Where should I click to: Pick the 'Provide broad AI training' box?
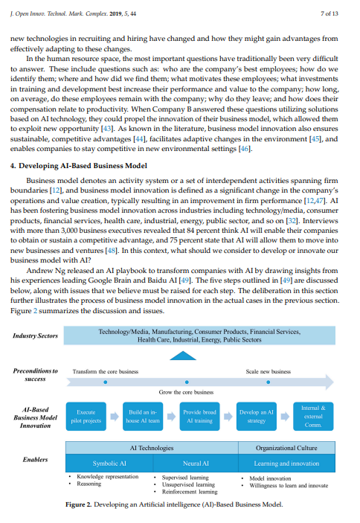(x=199, y=416)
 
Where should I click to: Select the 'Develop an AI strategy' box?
(x=256, y=416)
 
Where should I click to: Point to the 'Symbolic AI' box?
(x=109, y=463)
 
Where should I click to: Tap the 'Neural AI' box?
(x=194, y=463)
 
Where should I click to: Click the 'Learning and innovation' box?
(x=286, y=463)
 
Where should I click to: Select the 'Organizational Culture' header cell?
(x=286, y=448)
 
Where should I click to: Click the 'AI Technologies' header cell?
(x=151, y=448)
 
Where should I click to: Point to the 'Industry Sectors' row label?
(x=35, y=336)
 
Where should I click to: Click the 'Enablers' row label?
(x=35, y=460)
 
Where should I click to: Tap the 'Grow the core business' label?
(x=186, y=391)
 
